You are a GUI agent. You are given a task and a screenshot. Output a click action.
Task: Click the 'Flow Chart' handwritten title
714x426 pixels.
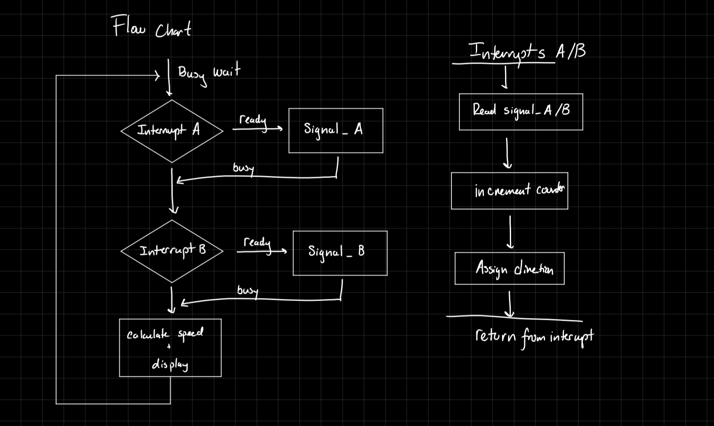tap(151, 27)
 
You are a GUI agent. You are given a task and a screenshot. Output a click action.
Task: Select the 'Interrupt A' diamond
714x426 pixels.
tap(172, 131)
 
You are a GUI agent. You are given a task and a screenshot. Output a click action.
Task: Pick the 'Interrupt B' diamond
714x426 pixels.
tap(172, 251)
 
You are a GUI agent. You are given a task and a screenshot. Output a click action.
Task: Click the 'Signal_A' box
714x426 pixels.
tap(336, 131)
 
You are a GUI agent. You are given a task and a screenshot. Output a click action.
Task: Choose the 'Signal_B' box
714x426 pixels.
tap(340, 253)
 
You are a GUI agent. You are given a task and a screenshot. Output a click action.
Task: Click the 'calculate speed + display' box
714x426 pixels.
tap(170, 347)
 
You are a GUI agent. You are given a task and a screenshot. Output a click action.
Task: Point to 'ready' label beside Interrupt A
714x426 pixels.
tap(253, 120)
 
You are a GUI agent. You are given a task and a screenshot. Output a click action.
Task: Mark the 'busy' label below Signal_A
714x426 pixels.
tap(243, 168)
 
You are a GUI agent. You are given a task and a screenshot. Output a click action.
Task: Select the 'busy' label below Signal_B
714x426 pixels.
tap(248, 290)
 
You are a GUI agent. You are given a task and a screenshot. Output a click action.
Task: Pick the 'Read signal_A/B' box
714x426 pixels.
tap(521, 111)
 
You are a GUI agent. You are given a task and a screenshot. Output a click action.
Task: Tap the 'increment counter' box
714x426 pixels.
tap(509, 191)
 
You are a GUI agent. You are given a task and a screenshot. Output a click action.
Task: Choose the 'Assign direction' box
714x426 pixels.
tap(509, 268)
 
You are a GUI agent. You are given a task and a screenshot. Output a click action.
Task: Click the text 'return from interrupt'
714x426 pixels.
tap(534, 337)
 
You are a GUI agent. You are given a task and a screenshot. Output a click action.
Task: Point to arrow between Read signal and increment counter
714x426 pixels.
tap(507, 153)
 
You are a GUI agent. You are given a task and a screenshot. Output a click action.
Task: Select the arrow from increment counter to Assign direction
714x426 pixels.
tap(510, 232)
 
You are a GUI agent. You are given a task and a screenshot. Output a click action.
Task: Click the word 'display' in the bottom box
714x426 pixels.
tap(170, 364)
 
